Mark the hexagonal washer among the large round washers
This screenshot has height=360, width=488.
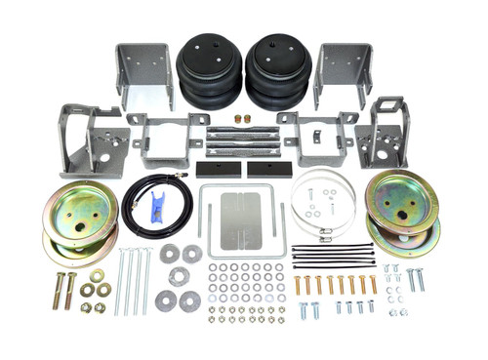(178, 276)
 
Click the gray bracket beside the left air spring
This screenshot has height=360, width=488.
(143, 72)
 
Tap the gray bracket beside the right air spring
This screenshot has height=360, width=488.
(342, 72)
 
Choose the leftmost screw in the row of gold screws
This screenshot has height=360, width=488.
(298, 285)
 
